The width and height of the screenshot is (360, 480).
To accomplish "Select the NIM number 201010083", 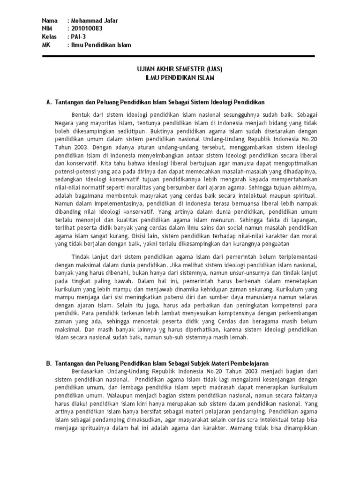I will (x=87, y=29).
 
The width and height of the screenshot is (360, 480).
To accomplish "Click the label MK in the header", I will (x=46, y=45).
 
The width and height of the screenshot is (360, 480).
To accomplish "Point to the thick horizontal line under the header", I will (x=178, y=56).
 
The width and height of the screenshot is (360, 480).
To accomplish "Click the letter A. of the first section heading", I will (x=46, y=102).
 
